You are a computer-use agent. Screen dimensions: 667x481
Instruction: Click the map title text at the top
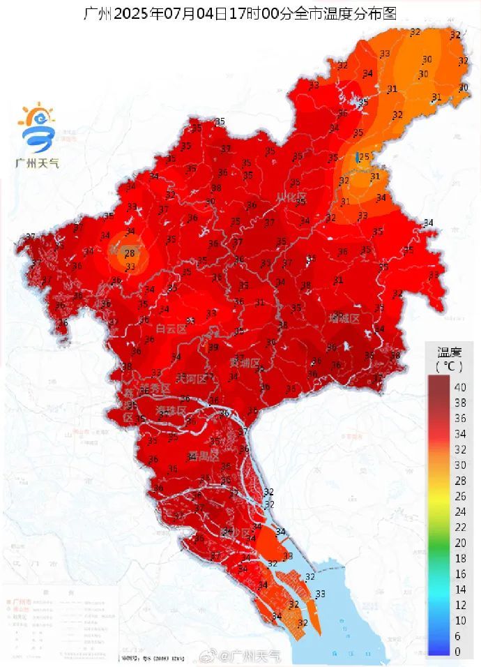(x=240, y=13)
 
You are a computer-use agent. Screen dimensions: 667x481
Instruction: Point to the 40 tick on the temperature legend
(x=461, y=387)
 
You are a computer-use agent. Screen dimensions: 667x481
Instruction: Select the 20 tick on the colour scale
(x=461, y=543)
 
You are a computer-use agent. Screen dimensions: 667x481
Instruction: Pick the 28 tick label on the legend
(x=461, y=481)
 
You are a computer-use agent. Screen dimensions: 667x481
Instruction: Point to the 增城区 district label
(x=344, y=318)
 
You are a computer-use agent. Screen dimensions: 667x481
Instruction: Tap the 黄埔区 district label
(x=245, y=363)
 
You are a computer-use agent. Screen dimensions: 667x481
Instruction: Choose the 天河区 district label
(x=191, y=379)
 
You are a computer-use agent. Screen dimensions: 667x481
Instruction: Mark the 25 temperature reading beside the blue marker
(x=365, y=156)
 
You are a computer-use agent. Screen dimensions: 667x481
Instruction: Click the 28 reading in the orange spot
(x=128, y=253)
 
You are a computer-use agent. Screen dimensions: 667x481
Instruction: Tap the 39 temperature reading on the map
(x=213, y=347)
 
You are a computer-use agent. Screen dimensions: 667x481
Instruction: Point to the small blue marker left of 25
(x=357, y=158)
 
